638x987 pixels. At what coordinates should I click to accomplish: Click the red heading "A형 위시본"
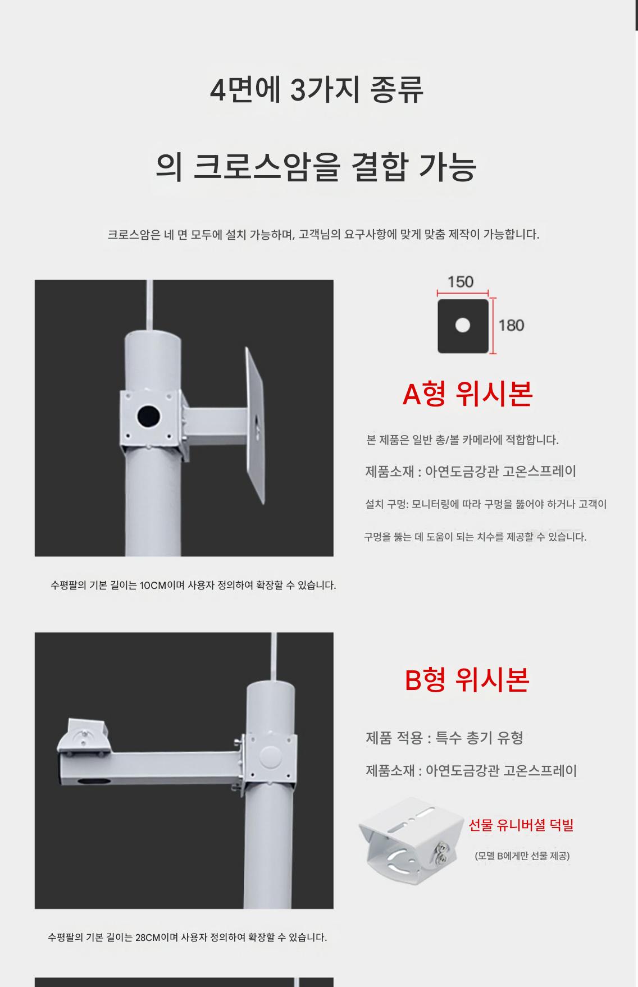467,394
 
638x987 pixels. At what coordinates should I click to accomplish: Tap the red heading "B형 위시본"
467,679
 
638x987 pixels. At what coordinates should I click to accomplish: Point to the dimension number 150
461,282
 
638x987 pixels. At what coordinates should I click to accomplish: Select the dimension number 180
511,326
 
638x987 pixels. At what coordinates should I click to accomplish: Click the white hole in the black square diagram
463,326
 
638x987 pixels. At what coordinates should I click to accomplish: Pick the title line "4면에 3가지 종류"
317,90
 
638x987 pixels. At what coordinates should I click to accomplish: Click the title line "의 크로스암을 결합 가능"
316,166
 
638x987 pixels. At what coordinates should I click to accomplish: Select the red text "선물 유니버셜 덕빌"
521,825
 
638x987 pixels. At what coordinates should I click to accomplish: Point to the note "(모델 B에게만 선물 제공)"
522,856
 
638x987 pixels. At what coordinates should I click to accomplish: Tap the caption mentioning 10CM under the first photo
193,585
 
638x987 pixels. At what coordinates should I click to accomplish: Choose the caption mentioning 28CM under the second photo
187,937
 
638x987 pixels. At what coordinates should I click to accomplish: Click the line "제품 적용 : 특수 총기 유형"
445,738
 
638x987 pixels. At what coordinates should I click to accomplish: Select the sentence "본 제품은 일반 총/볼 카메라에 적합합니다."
462,440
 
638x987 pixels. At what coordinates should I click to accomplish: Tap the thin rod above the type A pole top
149,305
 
